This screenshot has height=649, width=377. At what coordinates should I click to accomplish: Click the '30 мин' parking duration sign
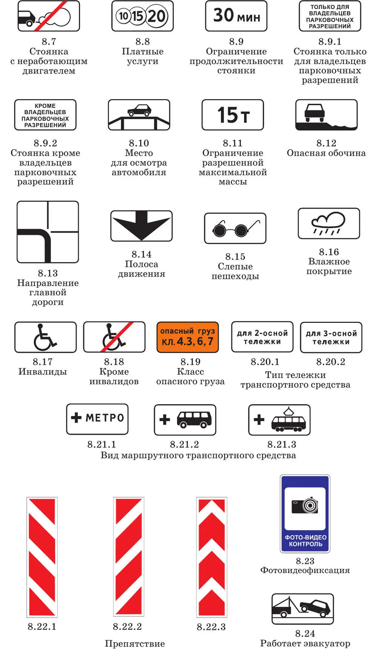point(236,16)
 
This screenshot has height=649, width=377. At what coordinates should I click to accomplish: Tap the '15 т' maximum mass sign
point(233,115)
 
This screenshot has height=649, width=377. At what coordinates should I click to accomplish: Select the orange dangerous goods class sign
point(187,337)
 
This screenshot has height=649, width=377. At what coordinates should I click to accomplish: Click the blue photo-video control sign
point(305,514)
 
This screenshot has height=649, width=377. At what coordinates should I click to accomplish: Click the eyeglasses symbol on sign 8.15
point(235,228)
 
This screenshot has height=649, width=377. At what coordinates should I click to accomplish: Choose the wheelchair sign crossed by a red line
point(114,337)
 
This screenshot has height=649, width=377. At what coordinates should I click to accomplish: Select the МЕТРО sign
point(97,419)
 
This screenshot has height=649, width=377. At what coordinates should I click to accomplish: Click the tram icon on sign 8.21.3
point(288,421)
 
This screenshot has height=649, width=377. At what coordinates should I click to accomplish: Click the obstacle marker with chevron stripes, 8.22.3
point(211,557)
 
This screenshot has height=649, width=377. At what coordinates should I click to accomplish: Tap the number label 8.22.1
point(42,626)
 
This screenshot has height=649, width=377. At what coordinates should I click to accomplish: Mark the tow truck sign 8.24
point(303,609)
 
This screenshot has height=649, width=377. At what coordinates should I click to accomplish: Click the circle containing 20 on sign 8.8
point(156,16)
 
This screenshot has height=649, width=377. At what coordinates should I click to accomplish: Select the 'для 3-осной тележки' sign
point(331,337)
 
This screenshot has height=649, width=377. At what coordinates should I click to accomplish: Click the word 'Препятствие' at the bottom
point(135,643)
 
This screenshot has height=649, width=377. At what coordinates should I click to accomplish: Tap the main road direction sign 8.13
point(48,232)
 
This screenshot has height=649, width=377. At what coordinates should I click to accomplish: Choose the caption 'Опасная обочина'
point(326,153)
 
